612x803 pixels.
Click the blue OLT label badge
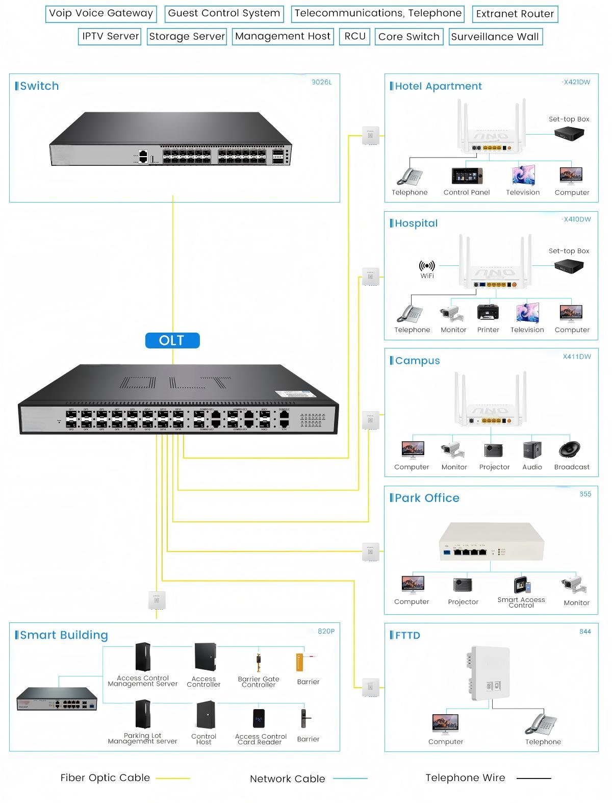click(172, 340)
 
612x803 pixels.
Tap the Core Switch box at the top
click(409, 37)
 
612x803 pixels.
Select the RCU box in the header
click(354, 36)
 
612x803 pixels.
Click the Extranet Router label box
click(515, 14)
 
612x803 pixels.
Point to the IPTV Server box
click(110, 36)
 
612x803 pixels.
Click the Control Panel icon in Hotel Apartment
click(467, 175)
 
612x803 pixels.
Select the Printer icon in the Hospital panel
click(488, 312)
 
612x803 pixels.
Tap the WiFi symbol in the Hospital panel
click(427, 266)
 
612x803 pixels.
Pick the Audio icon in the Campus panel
click(532, 449)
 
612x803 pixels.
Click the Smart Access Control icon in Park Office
click(522, 585)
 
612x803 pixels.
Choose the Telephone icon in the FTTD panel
click(543, 723)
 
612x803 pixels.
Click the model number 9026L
click(321, 82)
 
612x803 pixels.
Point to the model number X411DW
click(577, 357)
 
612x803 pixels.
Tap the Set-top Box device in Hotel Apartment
click(569, 134)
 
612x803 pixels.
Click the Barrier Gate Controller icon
click(259, 662)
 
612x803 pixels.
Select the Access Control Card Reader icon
click(260, 718)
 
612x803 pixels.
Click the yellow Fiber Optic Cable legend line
click(172, 779)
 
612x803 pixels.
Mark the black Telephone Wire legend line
click(533, 779)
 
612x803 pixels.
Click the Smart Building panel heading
click(64, 635)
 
